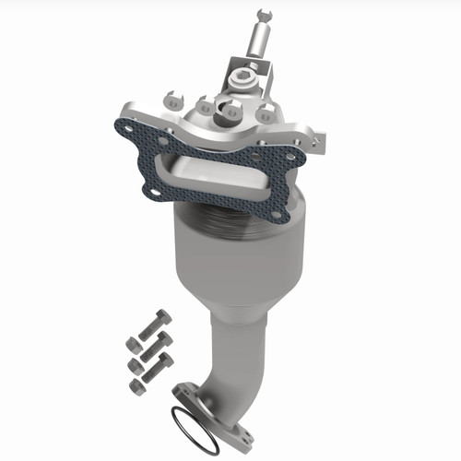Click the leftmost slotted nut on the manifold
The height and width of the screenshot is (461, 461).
176,97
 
